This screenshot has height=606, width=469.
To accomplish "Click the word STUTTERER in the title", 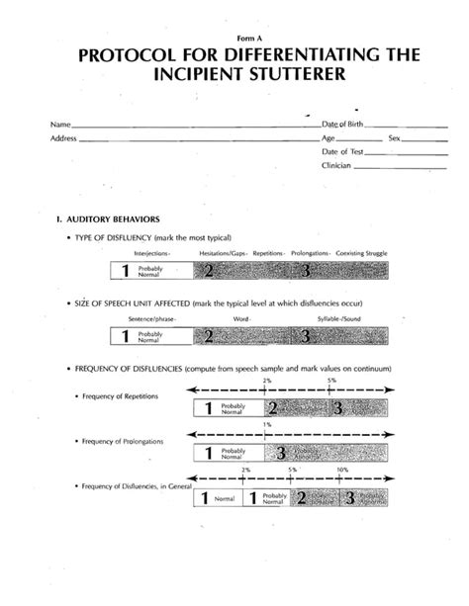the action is tap(318, 76).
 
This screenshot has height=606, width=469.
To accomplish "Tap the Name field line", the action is tap(188, 127).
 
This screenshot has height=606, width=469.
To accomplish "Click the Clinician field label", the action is tap(336, 165).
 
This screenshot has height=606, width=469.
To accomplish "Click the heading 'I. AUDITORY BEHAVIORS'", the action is tap(101, 218).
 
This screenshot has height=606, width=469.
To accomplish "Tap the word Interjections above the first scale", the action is tap(150, 254).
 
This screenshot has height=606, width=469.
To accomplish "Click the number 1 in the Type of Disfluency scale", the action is tap(126, 271).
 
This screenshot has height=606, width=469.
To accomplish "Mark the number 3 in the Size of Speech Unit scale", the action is tap(308, 337).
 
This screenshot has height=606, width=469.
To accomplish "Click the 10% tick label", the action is tap(342, 471).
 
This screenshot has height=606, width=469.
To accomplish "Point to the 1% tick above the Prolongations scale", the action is tap(267, 424).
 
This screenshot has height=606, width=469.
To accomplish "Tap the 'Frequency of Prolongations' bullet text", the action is tap(123, 440).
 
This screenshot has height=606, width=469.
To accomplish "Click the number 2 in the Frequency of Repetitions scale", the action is tap(272, 407).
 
